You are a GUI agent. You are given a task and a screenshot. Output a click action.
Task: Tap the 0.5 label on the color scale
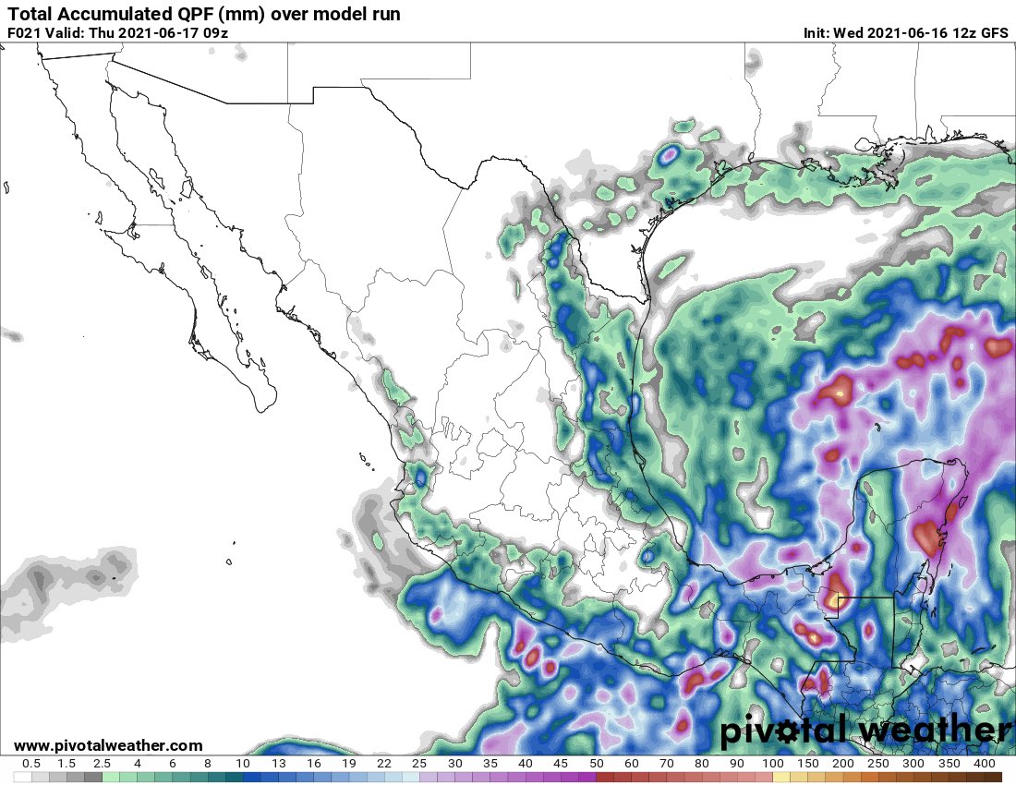(x=30, y=765)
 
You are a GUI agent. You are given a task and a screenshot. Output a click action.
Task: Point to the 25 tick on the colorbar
(x=419, y=765)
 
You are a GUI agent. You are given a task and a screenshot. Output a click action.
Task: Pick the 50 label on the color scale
(x=596, y=765)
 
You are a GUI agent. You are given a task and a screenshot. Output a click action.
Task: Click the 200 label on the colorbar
(x=842, y=765)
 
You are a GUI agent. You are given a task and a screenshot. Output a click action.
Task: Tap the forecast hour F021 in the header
(x=24, y=32)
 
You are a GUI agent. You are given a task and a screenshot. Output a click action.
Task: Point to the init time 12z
(x=956, y=32)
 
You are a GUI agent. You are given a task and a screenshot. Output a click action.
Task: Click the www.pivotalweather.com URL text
(x=108, y=745)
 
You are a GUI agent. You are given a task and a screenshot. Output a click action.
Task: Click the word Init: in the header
(x=816, y=32)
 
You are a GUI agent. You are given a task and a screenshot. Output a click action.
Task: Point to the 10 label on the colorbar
(x=243, y=765)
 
